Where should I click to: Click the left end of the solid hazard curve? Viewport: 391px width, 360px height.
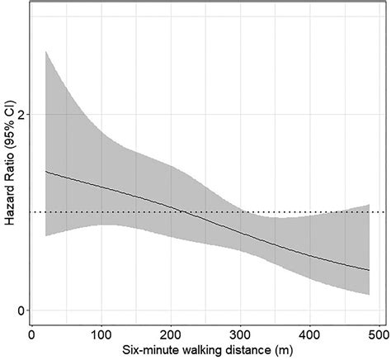(x=45, y=172)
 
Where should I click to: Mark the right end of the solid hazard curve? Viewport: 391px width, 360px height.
(x=368, y=270)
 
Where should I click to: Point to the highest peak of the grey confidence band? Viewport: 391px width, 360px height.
(x=45, y=51)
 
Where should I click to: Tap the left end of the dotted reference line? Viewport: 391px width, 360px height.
(x=31, y=212)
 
